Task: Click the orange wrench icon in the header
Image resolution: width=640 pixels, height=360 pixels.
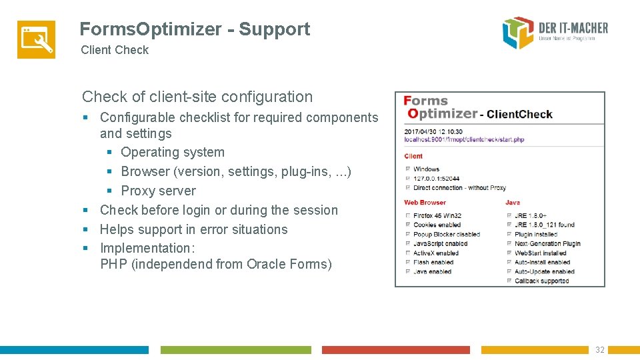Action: point(36,39)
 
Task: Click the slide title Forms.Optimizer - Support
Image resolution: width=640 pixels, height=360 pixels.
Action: point(195,29)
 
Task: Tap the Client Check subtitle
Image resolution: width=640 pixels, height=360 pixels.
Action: point(115,50)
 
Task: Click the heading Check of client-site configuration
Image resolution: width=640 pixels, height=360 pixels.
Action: point(197,97)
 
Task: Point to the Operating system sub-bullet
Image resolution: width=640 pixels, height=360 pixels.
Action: point(173,152)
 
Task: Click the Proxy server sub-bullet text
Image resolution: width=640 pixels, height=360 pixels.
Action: point(158,191)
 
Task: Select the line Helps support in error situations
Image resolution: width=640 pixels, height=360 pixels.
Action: point(193,229)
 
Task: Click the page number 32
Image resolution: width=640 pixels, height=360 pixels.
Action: point(600,350)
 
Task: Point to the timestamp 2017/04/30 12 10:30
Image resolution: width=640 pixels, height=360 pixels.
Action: point(433,132)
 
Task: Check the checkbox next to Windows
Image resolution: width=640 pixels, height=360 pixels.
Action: point(408,169)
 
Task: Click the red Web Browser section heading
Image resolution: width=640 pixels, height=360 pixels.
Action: point(425,202)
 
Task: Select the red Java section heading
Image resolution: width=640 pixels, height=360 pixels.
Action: point(512,202)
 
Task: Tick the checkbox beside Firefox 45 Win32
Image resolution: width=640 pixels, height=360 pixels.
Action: point(408,215)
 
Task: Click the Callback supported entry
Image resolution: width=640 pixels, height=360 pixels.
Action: point(541,281)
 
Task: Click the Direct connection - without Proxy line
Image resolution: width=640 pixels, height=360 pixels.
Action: point(459,188)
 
